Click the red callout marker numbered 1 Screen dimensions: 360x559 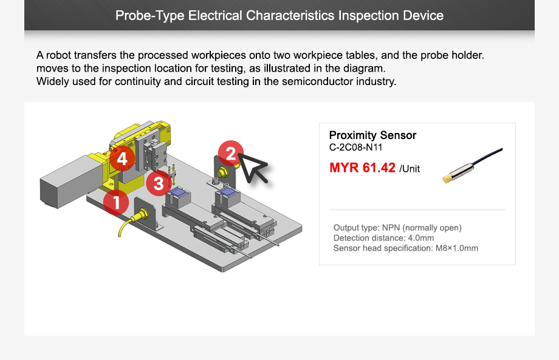click(116, 202)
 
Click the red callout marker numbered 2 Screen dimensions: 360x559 click(230, 154)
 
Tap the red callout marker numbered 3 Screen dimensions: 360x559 click(159, 183)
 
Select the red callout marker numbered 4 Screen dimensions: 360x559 click(122, 159)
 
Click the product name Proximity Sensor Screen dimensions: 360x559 click(372, 135)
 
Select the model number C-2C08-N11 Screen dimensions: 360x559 click(355, 147)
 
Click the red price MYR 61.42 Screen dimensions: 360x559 click(362, 168)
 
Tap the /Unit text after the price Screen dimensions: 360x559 click(410, 169)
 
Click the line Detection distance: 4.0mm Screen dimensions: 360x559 click(383, 238)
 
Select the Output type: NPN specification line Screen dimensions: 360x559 click(397, 228)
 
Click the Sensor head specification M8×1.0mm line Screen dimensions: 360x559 click(405, 248)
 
